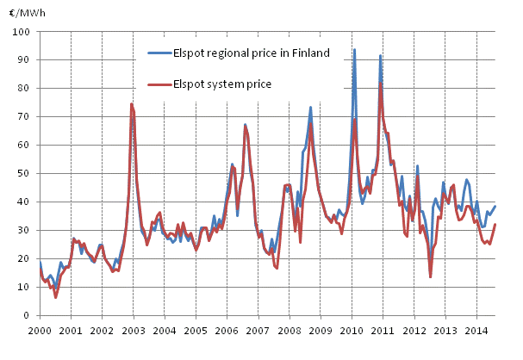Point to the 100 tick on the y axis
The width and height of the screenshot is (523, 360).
point(23,32)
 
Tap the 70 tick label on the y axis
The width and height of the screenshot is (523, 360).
point(26,116)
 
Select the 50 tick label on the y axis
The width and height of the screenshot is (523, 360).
point(26,173)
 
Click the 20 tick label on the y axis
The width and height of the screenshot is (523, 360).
point(26,258)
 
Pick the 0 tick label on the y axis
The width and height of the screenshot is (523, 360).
point(28,315)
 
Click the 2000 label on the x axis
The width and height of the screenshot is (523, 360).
point(40,330)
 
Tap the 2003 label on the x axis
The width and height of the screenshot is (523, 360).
point(133,330)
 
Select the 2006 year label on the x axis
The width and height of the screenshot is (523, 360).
point(226,330)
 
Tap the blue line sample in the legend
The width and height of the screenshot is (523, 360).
point(159,54)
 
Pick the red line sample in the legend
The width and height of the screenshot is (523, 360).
point(159,84)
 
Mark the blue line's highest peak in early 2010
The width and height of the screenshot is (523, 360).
point(354,50)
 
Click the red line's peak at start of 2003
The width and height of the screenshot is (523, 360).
point(132,104)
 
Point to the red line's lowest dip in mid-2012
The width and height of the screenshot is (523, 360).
point(431,276)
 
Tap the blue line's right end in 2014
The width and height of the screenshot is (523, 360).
point(495,206)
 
